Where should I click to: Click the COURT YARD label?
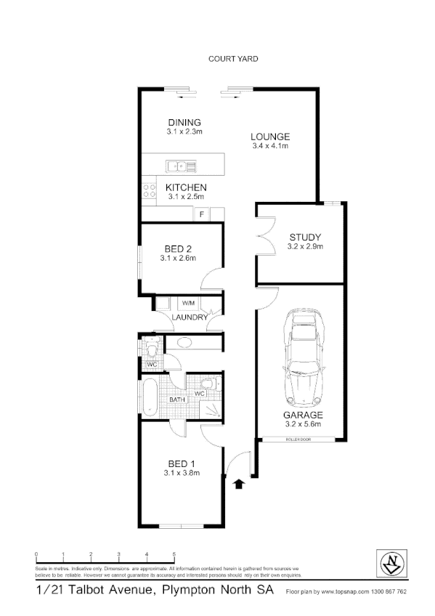(x=232, y=59)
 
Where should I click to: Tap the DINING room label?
(x=184, y=122)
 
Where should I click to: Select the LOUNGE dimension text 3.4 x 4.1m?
(x=270, y=146)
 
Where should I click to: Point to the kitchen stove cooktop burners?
(x=150, y=190)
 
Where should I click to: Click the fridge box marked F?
(x=201, y=214)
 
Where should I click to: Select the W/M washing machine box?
(x=187, y=302)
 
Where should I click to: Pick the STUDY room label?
(x=305, y=238)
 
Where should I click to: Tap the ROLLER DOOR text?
(x=298, y=440)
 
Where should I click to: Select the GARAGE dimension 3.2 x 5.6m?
(x=304, y=425)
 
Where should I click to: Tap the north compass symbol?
(x=394, y=562)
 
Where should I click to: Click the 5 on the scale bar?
(x=174, y=554)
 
